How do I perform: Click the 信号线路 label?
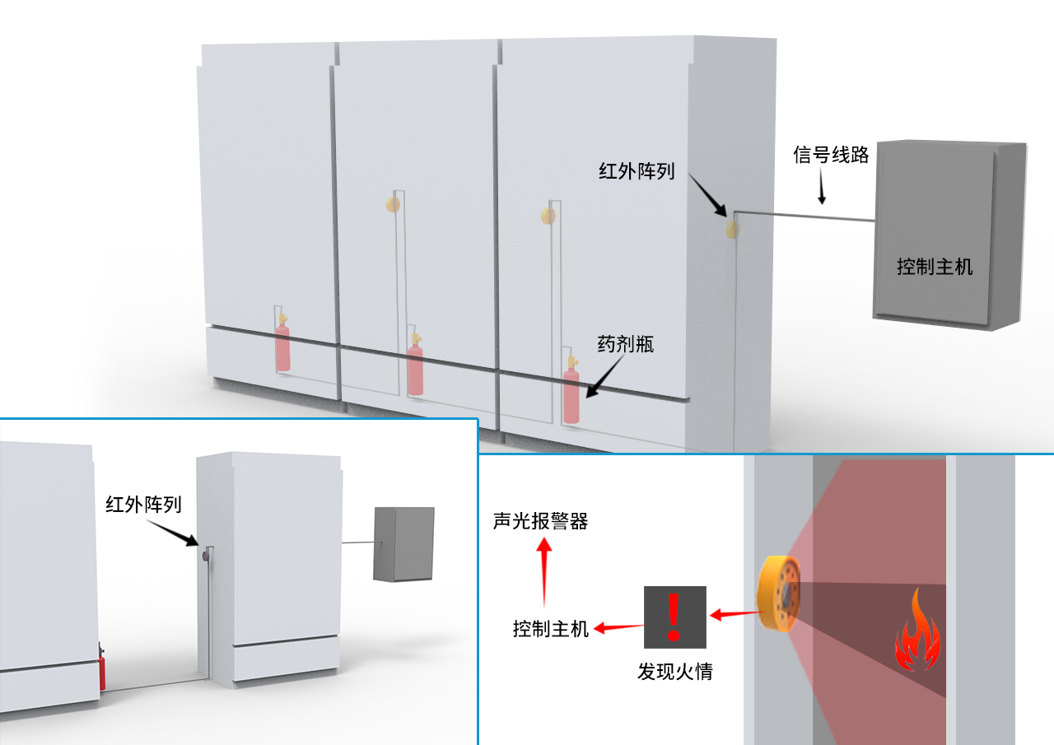(831, 155)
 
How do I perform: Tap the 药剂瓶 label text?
(626, 344)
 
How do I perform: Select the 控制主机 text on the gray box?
(935, 267)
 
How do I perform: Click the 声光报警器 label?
(540, 521)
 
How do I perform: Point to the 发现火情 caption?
(674, 672)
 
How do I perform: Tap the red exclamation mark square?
(674, 616)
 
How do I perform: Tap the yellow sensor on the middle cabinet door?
(393, 203)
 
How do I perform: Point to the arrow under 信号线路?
(819, 192)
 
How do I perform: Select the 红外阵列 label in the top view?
(637, 171)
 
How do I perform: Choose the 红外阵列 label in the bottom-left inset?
(143, 504)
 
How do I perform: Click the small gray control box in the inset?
(403, 544)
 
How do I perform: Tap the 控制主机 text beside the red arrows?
(551, 630)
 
